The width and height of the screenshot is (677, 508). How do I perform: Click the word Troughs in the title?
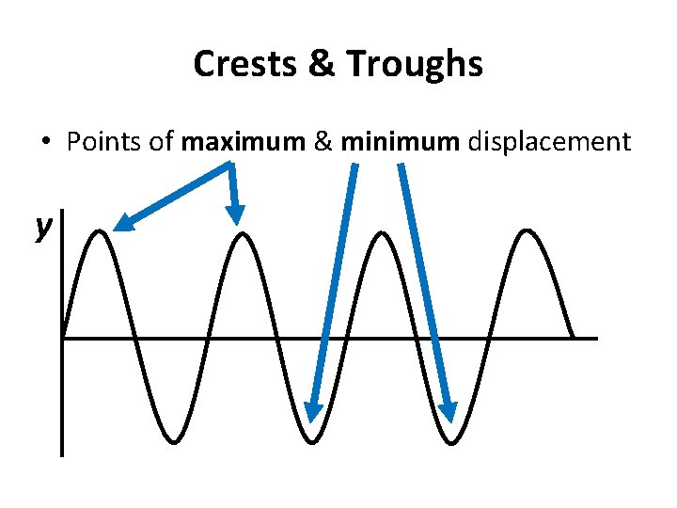click(x=415, y=64)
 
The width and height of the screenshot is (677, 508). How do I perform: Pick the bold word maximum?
click(x=244, y=142)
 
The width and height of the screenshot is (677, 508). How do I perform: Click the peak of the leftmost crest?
click(x=101, y=231)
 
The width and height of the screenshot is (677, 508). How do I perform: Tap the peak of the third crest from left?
click(x=383, y=231)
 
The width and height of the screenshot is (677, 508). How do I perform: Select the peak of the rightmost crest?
click(x=527, y=231)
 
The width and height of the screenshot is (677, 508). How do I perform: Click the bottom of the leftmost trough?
click(x=171, y=440)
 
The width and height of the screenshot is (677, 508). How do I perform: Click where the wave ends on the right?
click(x=574, y=336)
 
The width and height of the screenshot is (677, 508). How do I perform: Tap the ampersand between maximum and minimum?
click(x=323, y=142)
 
